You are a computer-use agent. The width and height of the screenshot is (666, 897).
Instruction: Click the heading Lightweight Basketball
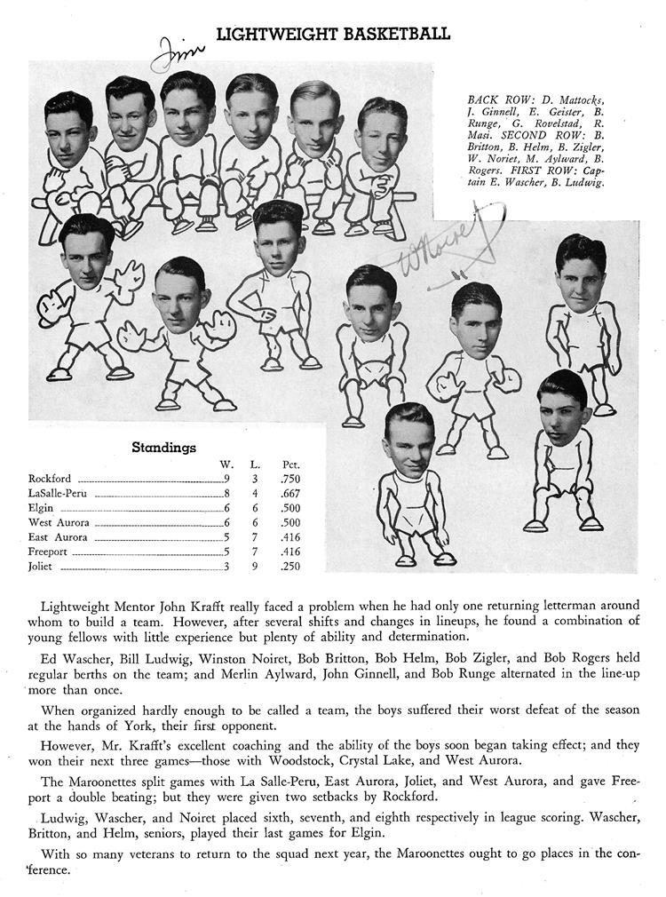pyautogui.click(x=333, y=35)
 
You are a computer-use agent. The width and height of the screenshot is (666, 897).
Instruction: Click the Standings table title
pyautogui.click(x=163, y=448)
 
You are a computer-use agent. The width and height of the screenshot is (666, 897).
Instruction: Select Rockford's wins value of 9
pyautogui.click(x=227, y=479)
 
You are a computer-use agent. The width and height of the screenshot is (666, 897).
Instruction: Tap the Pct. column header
pyautogui.click(x=289, y=464)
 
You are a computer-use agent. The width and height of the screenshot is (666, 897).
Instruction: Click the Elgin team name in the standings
pyautogui.click(x=41, y=508)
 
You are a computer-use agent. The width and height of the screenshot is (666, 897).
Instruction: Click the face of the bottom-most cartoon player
pyautogui.click(x=408, y=441)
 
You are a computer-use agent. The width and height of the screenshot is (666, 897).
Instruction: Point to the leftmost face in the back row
pyautogui.click(x=69, y=131)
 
